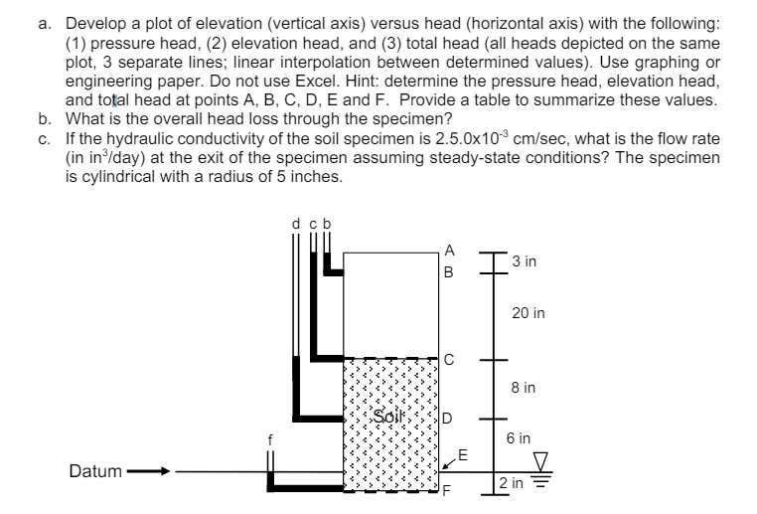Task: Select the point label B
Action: (450, 271)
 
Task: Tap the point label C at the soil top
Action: (450, 359)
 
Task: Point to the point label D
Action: (449, 418)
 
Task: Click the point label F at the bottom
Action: (448, 492)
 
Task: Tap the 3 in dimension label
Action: (527, 261)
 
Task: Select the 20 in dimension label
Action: (528, 314)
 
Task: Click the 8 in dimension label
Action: (524, 389)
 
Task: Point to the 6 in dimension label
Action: (520, 437)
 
